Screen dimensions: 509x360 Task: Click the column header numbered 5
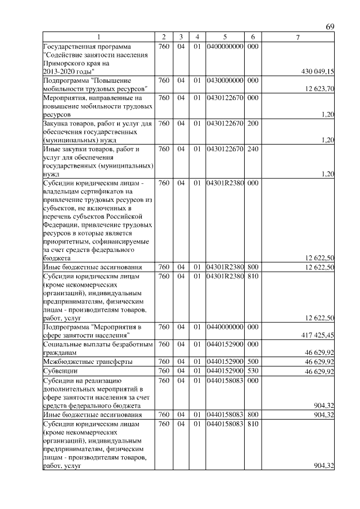click(x=224, y=37)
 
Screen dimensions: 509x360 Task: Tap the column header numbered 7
click(x=298, y=37)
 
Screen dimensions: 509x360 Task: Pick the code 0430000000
click(x=224, y=80)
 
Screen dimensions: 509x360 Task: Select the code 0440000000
click(x=224, y=327)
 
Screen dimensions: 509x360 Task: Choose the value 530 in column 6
click(x=253, y=371)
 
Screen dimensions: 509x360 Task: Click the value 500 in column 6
click(x=253, y=362)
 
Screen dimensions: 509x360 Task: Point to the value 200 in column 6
click(x=253, y=123)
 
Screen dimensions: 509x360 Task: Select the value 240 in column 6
click(x=253, y=149)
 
